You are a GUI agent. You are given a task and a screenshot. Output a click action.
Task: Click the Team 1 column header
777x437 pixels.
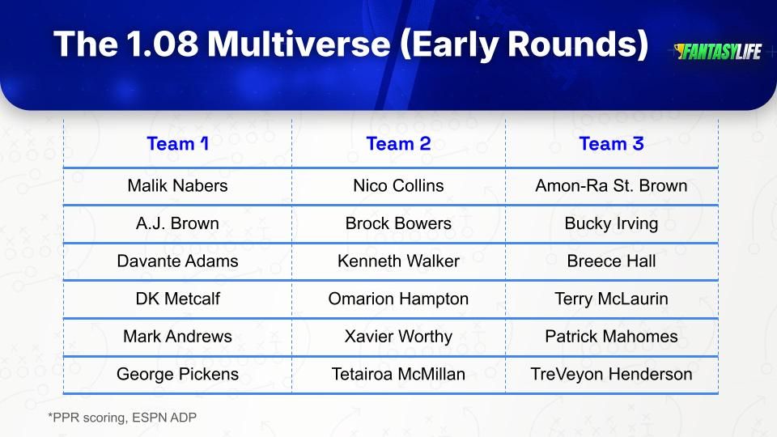177,144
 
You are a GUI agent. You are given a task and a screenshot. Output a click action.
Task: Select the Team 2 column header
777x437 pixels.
398,144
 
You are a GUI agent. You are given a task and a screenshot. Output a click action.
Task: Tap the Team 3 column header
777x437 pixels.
612,144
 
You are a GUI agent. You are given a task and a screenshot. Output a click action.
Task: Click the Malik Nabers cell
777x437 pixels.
177,186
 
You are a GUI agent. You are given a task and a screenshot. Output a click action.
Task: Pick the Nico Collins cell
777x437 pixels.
398,186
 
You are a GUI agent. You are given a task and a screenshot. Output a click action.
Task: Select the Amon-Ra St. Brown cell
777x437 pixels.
612,186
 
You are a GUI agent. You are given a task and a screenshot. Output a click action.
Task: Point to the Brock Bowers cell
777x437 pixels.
398,223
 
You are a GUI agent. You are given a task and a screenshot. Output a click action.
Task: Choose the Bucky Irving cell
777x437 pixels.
612,224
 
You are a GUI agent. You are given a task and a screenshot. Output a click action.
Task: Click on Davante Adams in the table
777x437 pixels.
177,261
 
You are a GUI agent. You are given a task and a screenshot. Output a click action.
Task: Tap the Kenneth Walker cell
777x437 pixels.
398,261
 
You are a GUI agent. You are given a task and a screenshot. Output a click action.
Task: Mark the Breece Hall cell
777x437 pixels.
612,261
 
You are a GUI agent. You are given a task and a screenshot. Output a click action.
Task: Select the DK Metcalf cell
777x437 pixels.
177,299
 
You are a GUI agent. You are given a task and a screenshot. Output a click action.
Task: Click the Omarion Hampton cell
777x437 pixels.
398,299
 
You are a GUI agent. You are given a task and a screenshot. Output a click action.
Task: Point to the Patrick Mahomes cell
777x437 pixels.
612,337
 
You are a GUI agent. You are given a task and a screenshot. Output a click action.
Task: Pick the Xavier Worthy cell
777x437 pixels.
398,337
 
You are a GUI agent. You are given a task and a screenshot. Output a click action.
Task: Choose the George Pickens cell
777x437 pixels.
177,375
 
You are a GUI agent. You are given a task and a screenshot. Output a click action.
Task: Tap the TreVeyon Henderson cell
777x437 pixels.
612,375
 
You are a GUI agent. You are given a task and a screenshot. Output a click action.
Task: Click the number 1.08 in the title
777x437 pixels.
162,44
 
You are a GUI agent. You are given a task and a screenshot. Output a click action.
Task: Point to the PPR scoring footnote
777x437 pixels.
122,418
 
